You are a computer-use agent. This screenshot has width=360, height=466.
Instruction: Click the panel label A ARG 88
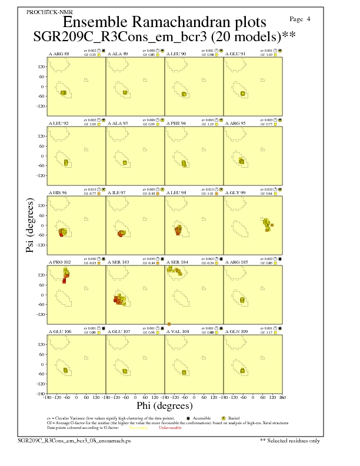(x=59, y=54)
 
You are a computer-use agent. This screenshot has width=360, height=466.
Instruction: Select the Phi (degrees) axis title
(x=164, y=406)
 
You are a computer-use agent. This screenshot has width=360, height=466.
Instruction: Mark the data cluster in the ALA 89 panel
(x=125, y=92)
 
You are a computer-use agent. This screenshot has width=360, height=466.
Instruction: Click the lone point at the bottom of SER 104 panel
(x=169, y=324)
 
